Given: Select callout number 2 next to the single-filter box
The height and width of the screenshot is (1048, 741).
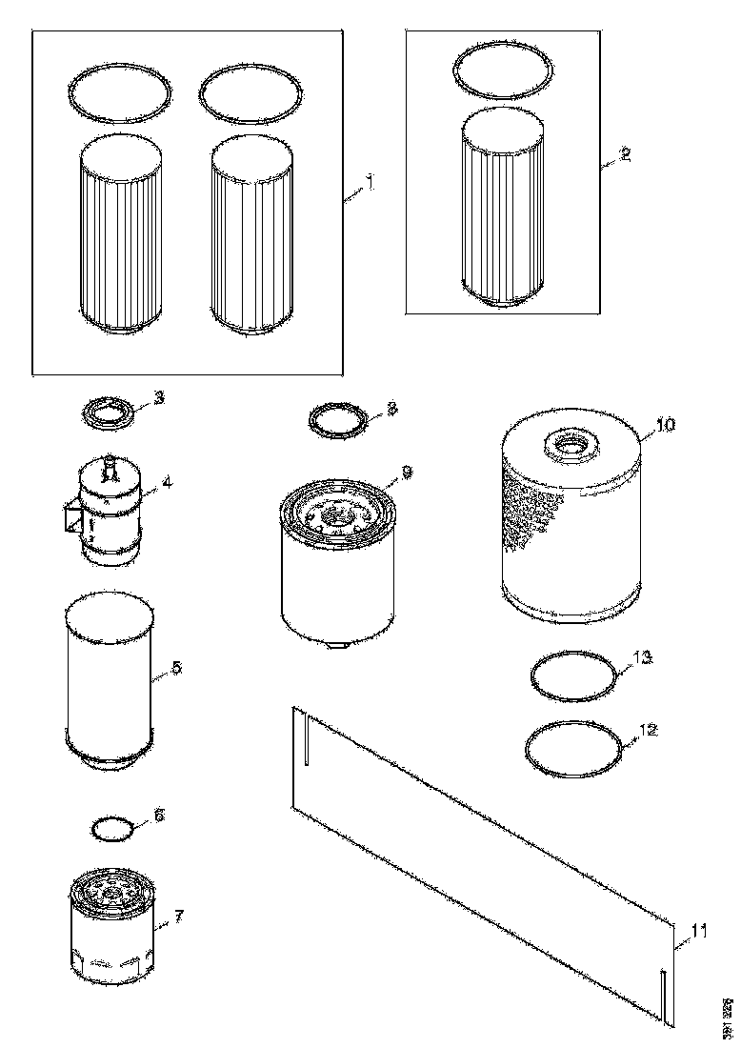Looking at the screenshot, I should (x=626, y=155).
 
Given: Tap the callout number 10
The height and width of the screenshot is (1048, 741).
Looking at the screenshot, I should (x=665, y=425).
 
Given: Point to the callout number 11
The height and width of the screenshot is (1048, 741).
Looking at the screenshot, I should (x=700, y=931).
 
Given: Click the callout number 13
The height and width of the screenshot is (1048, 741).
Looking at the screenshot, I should (x=645, y=657).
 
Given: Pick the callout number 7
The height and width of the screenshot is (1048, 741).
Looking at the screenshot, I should (x=177, y=917).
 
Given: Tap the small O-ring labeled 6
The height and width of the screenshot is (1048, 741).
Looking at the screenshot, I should (x=113, y=827).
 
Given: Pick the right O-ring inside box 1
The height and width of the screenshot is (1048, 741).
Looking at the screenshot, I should (x=252, y=92).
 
